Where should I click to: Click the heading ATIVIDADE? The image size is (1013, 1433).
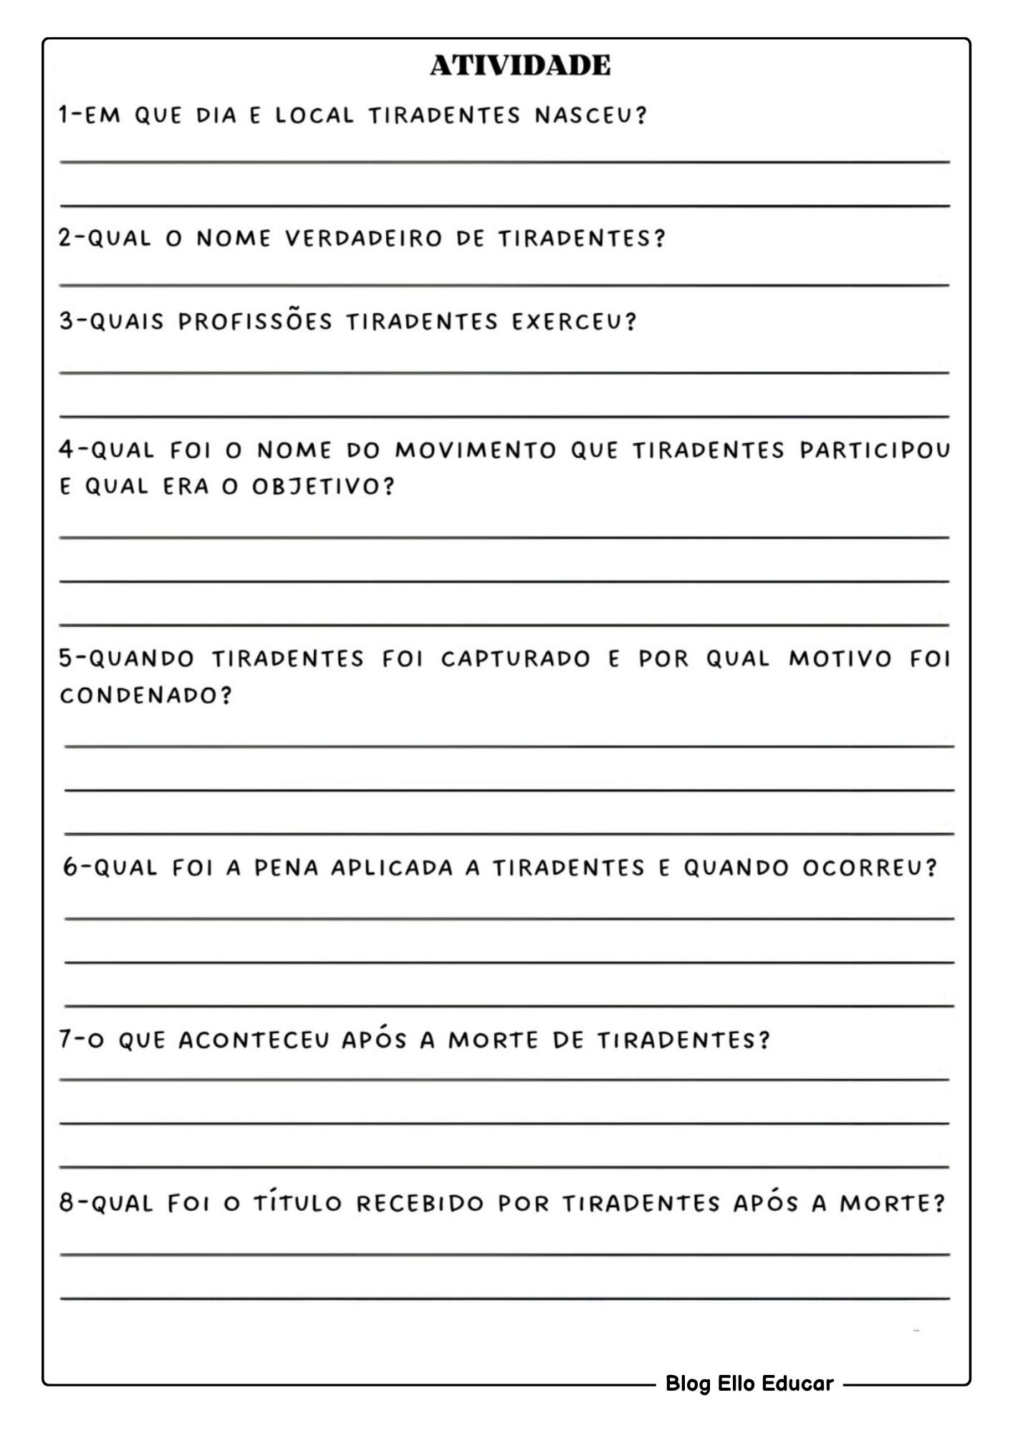(x=520, y=65)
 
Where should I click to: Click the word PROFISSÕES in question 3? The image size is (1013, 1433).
(x=255, y=322)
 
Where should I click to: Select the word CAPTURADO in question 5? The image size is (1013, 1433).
(x=515, y=659)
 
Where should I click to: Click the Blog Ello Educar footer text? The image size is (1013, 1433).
(x=749, y=1384)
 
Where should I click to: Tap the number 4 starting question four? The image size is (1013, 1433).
(x=66, y=450)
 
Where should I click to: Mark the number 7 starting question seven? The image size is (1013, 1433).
(x=65, y=1040)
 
